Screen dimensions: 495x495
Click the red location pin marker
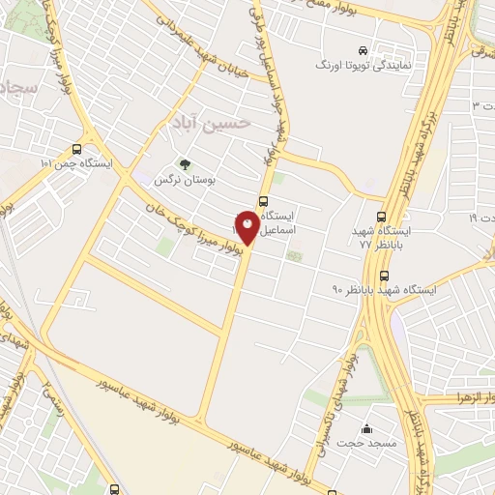click(x=248, y=228)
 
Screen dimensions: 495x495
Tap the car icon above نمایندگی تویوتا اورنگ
click(x=362, y=49)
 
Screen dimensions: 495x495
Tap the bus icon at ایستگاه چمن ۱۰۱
click(x=76, y=149)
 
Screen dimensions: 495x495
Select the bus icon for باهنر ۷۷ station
click(x=383, y=218)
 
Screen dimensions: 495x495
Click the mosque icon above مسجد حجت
click(x=366, y=429)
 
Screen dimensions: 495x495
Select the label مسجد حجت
click(x=363, y=443)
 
